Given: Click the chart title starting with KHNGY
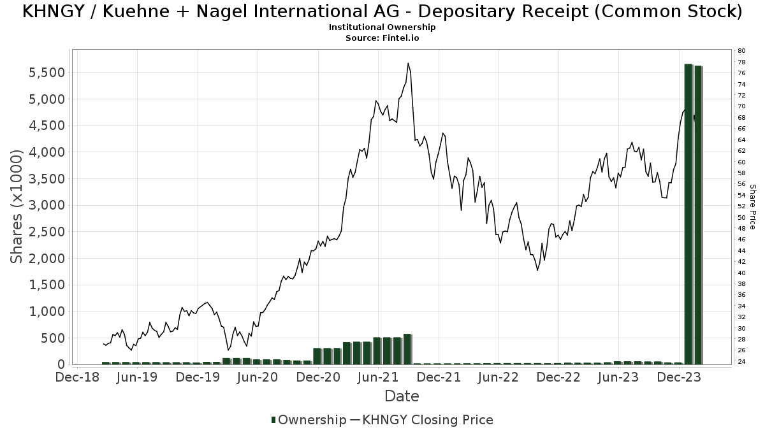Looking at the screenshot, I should (382, 12).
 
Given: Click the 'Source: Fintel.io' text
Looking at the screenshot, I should (382, 38).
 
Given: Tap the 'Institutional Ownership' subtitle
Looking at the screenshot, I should (382, 27).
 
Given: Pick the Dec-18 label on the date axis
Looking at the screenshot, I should (77, 377).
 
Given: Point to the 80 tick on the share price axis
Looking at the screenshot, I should (741, 51).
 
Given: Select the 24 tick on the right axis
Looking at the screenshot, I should (741, 362).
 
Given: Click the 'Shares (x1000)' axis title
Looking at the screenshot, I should (17, 206).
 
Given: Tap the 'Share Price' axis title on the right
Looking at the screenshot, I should (752, 206).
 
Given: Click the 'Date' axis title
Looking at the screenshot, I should (402, 396).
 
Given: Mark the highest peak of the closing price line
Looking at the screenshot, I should (408, 63).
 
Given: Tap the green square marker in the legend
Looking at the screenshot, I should (274, 420).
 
